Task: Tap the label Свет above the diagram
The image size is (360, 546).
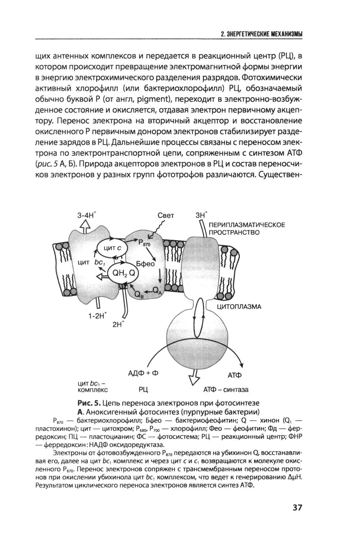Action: pyautogui.click(x=166, y=216)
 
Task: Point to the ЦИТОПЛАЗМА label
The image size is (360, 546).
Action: pyautogui.click(x=239, y=307)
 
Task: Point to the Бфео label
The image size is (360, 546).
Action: pyautogui.click(x=145, y=263)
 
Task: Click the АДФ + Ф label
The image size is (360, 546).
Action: pyautogui.click(x=143, y=373)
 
